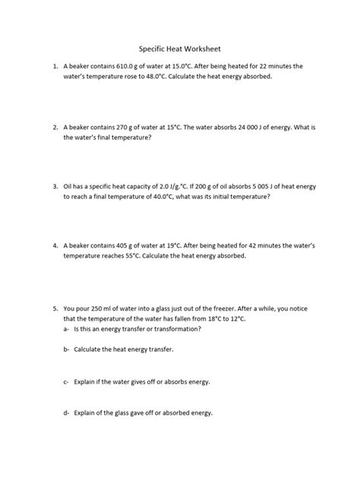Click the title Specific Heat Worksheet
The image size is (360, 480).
[x=179, y=47]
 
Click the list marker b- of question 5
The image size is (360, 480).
[x=67, y=349]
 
